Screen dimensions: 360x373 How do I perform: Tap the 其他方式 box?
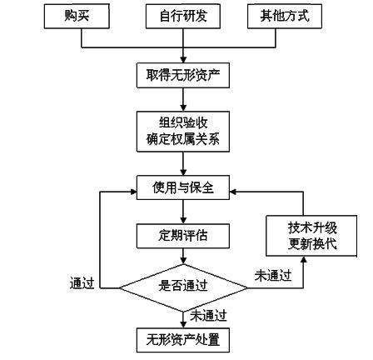coord(285,16)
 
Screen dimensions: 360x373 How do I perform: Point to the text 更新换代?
coord(301,244)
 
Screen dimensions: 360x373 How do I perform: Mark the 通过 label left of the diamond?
coord(81,283)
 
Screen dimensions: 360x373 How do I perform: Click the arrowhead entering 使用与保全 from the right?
coord(234,192)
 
